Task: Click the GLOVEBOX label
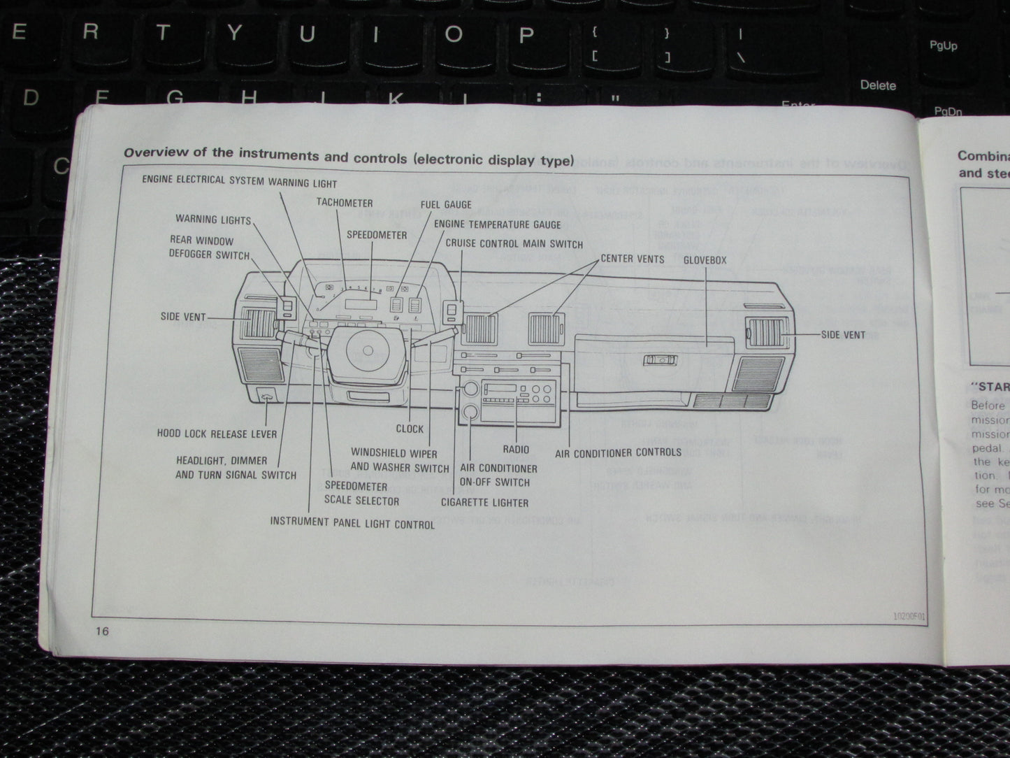[x=705, y=260]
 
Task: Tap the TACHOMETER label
[x=344, y=203]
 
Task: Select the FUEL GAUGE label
[x=446, y=205]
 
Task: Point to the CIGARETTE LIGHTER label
[x=484, y=502]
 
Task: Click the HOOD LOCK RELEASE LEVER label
[x=217, y=434]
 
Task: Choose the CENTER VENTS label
[x=632, y=258]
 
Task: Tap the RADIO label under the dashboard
[x=516, y=450]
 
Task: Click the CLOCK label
[x=410, y=429]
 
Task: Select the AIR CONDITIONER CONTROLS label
[x=618, y=453]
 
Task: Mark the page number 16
[x=103, y=631]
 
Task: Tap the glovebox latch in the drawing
[x=658, y=360]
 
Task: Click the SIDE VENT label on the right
[x=843, y=335]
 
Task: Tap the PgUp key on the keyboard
[x=943, y=46]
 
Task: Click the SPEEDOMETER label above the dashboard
[x=377, y=235]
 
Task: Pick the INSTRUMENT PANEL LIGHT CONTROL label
[x=352, y=522]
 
